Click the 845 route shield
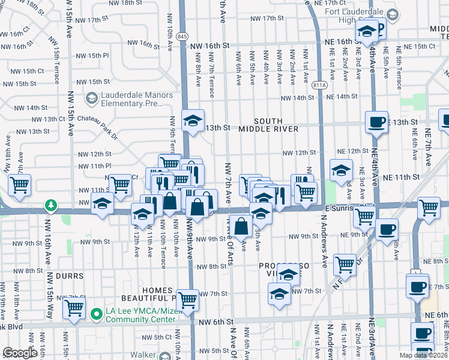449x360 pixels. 182,37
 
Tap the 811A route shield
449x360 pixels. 320,86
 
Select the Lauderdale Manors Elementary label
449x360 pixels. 129,99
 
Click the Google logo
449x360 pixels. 20,353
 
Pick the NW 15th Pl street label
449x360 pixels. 92,56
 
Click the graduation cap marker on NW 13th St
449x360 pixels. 193,122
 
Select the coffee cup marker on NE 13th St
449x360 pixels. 377,123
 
